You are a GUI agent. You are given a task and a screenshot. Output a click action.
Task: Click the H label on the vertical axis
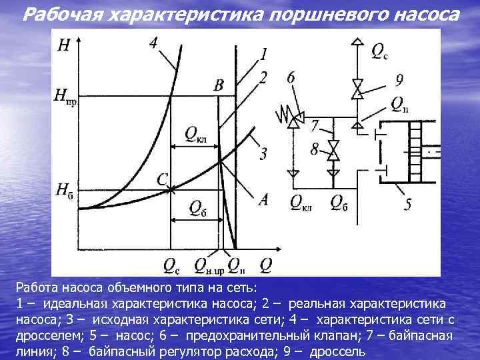pos(64,45)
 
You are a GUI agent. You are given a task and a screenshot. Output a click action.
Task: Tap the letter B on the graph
pos(219,85)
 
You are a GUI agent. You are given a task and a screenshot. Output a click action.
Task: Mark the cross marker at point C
pos(171,190)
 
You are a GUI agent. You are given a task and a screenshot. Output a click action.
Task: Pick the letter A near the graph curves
pos(264,199)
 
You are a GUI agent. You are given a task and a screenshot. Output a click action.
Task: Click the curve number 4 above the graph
pos(154,43)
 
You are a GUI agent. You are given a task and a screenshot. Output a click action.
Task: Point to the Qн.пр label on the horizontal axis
pos(209,266)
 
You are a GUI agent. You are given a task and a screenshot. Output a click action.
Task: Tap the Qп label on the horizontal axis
pos(237,265)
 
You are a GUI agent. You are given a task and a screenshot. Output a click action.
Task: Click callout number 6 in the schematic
pos(291,79)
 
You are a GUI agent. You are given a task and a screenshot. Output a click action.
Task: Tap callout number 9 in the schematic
pos(399,81)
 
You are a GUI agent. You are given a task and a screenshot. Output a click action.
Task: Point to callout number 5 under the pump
pos(407,204)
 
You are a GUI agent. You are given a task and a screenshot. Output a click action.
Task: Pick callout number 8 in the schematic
pos(314,148)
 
